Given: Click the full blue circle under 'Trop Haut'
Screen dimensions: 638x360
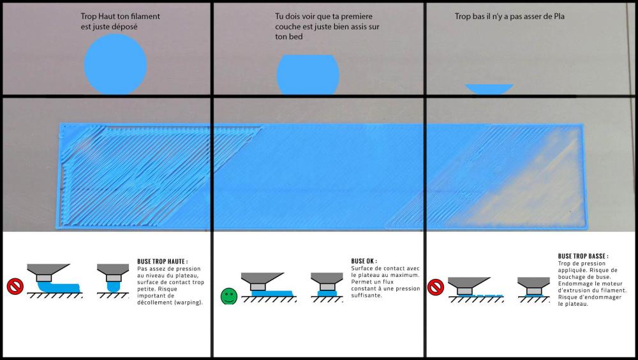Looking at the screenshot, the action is pos(115,64).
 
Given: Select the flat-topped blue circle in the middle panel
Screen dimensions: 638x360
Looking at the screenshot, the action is pos(308,75).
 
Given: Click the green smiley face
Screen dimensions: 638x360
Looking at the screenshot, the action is pos(228,296).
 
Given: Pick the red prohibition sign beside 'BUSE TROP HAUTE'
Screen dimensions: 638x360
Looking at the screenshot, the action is pos(15,287).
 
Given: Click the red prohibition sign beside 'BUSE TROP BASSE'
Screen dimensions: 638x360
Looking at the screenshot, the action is pos(435,287).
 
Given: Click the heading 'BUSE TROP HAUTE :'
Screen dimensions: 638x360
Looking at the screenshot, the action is pos(162,262).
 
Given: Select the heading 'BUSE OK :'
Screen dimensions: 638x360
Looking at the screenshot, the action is pos(364,261).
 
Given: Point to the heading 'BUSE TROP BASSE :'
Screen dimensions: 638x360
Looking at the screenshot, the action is pos(583,256).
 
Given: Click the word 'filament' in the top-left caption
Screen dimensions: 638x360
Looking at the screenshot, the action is pos(145,17).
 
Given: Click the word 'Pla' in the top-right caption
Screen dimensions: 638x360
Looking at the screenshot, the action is pos(559,17).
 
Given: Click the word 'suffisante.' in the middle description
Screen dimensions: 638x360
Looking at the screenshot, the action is pos(367,296).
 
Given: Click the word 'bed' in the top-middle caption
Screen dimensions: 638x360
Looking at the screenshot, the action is pos(297,36).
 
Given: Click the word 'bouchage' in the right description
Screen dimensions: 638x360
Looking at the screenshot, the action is pos(571,277).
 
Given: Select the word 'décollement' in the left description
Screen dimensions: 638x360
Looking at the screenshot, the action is pos(152,303).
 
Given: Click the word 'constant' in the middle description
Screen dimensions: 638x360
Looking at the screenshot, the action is pos(363,289).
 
